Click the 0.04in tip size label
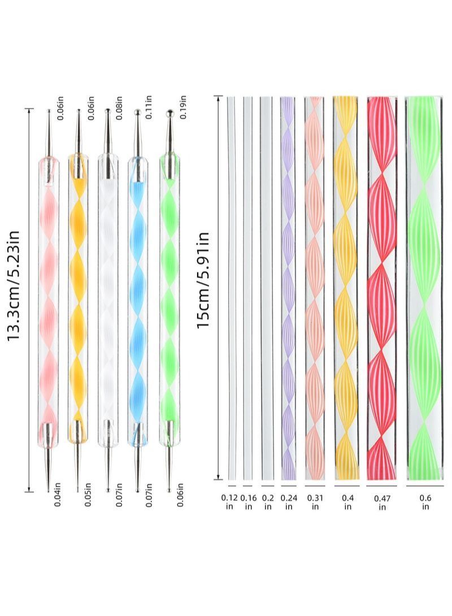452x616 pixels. tap(59, 493)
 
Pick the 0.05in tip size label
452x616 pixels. tap(89, 493)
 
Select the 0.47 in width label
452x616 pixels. tap(382, 502)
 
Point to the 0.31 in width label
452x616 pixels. tap(314, 502)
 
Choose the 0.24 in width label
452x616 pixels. tap(288, 502)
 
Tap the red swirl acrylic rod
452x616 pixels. tap(382, 288)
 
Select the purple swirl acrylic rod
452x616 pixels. tap(288, 288)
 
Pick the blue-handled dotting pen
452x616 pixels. tap(138, 300)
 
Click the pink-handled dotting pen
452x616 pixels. tap(48, 300)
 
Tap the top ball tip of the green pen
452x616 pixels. tap(168, 115)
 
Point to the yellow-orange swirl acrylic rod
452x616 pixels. tap(345, 288)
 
